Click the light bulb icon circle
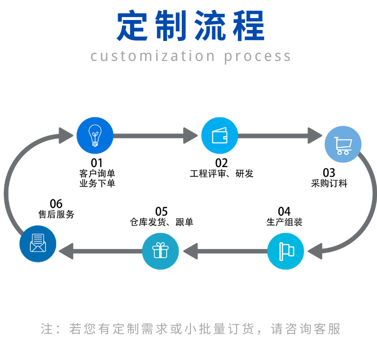(95, 135)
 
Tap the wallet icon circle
(219, 135)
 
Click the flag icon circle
(286, 250)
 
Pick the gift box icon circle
(160, 250)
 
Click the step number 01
(97, 163)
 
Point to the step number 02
(221, 163)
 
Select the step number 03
(329, 172)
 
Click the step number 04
(284, 211)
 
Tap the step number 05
(161, 211)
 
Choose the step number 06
(56, 204)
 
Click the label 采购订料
(329, 183)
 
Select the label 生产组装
(284, 222)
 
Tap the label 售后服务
(56, 214)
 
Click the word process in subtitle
(257, 56)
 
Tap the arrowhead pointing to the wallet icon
(191, 135)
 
